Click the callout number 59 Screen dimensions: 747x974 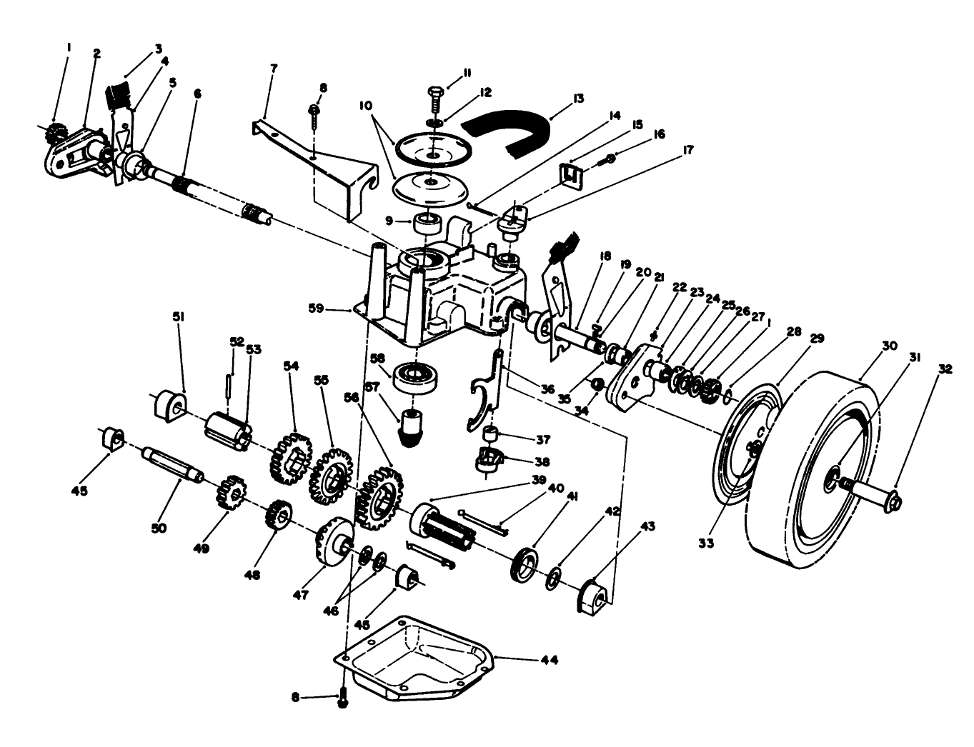coord(335,309)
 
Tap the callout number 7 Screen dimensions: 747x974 coord(274,69)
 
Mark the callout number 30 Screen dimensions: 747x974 coord(889,346)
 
